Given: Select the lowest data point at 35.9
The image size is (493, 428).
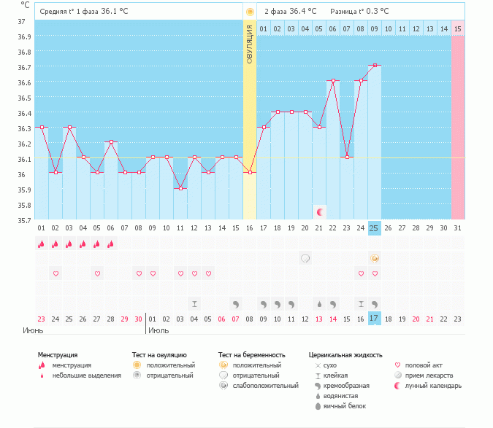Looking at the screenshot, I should point(180,188).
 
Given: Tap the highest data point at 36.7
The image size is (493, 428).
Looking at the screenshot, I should point(375,66).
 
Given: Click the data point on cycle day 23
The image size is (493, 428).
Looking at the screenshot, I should point(347,157).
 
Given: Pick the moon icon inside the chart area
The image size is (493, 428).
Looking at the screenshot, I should point(319,211).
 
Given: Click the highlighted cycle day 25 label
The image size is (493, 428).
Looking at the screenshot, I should point(375,228).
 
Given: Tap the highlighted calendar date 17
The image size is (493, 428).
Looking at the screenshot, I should point(375,319).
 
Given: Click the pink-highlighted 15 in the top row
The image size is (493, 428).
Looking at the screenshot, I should point(458,28).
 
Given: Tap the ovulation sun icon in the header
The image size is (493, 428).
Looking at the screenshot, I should point(250,12).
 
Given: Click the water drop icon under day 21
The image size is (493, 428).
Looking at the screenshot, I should point(319,303).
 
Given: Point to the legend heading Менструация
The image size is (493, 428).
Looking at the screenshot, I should point(58,355).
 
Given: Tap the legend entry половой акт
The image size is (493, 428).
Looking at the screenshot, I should point(426,365).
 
